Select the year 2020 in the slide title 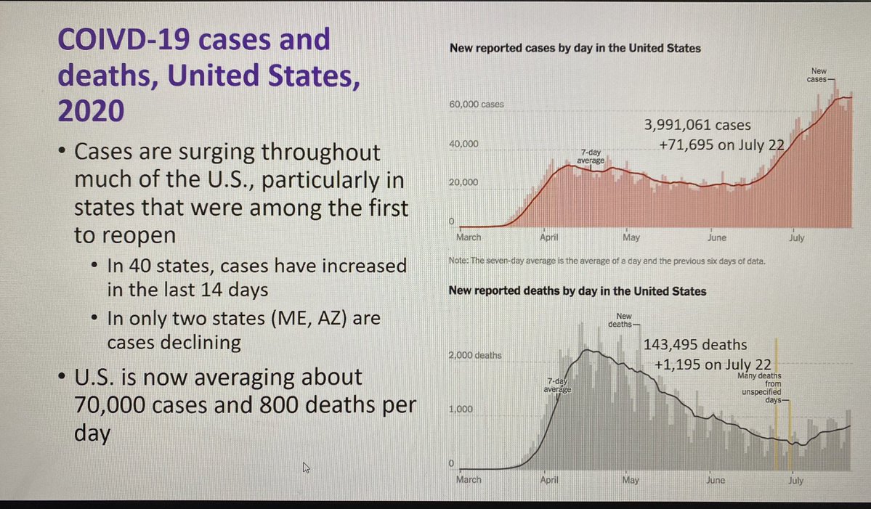click(90, 112)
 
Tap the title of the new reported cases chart click(575, 49)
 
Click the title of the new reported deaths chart click(578, 291)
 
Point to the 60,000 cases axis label click(477, 105)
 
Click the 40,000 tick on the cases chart click(463, 144)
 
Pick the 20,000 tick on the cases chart click(463, 182)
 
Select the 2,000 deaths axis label click(478, 356)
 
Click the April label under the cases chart click(549, 237)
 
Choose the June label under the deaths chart click(715, 480)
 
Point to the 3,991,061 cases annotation click(697, 126)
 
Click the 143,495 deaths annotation click(695, 346)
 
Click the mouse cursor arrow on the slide click(306, 468)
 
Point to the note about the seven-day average click(606, 260)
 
